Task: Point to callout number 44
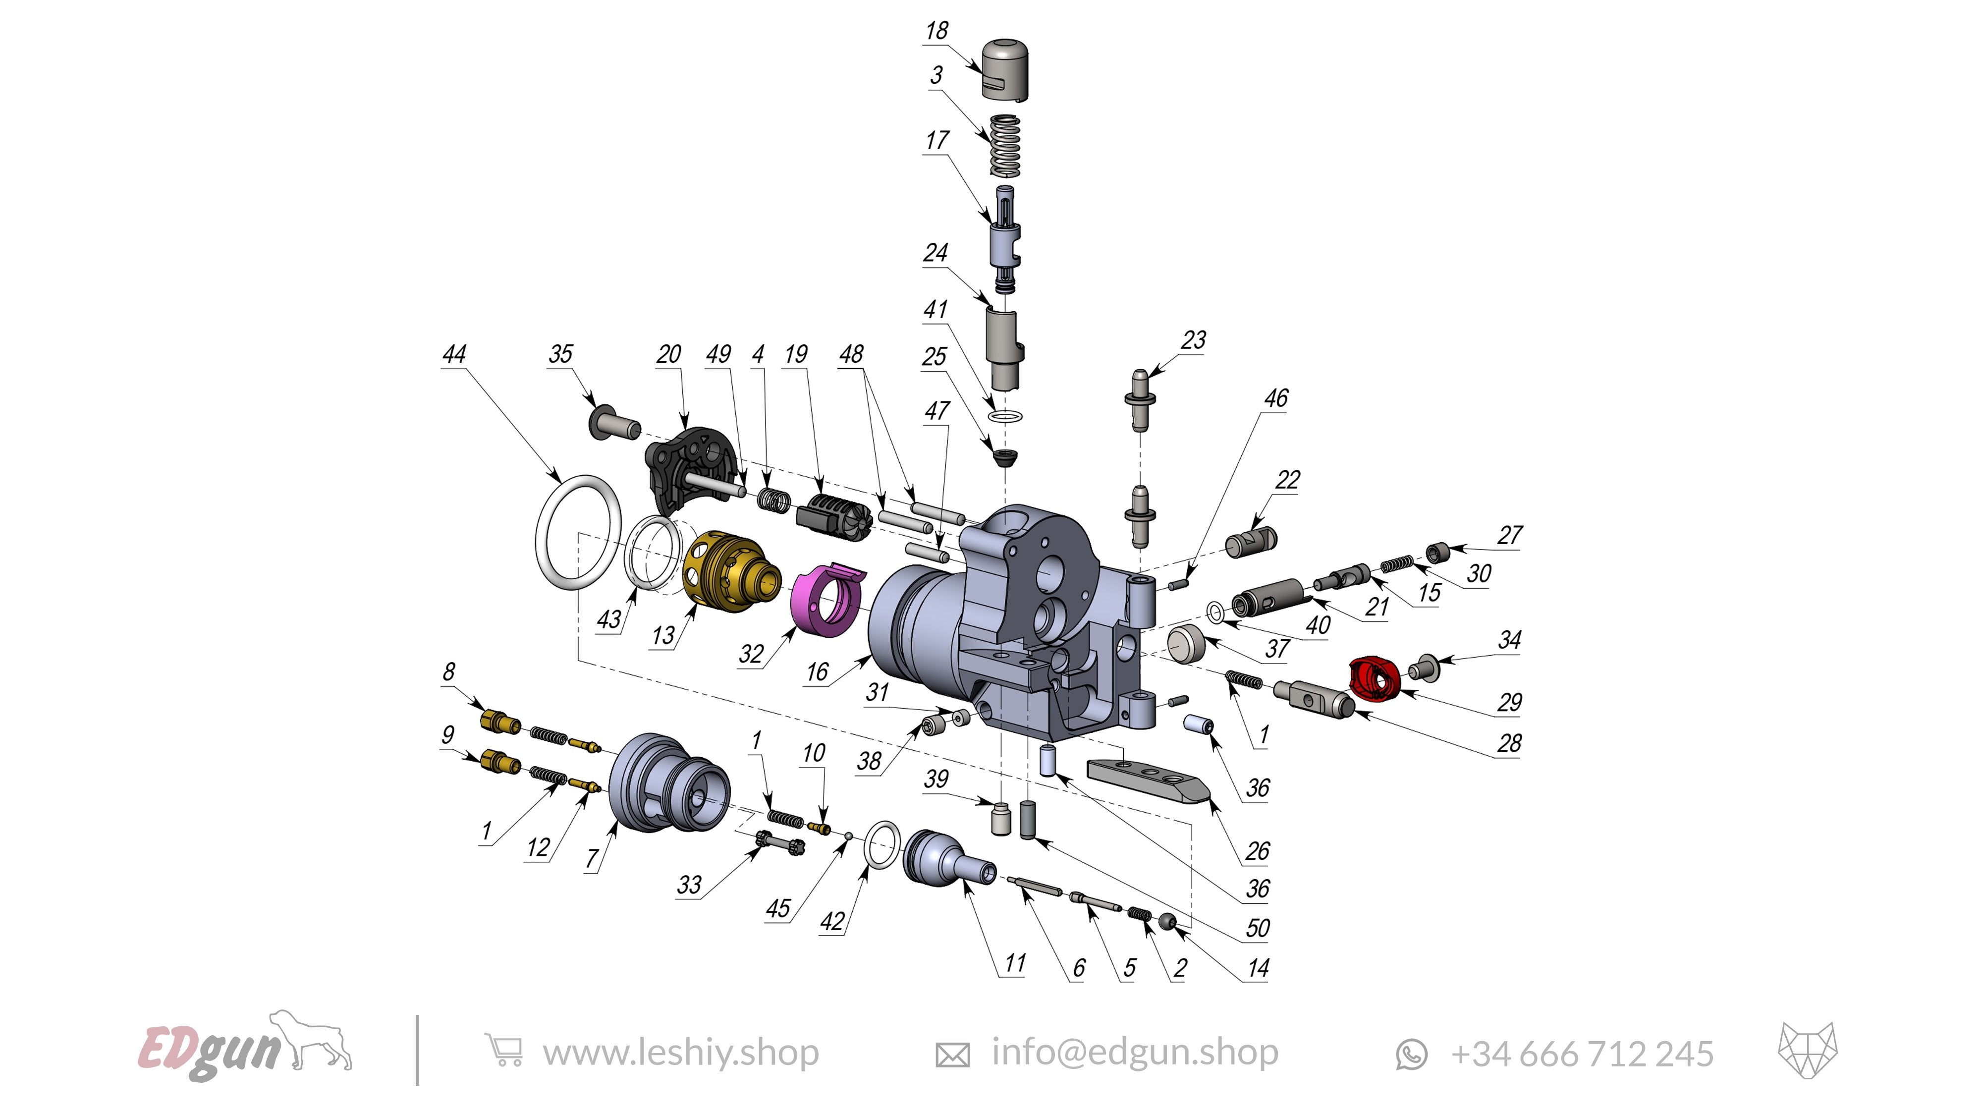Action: pyautogui.click(x=454, y=354)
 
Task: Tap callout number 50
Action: pyautogui.click(x=1257, y=928)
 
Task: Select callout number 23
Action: pyautogui.click(x=1193, y=340)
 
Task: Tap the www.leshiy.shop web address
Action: pyautogui.click(x=680, y=1053)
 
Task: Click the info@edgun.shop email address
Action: pyautogui.click(x=1134, y=1052)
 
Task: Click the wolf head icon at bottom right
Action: pyautogui.click(x=1807, y=1051)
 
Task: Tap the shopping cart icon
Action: pyautogui.click(x=504, y=1051)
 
